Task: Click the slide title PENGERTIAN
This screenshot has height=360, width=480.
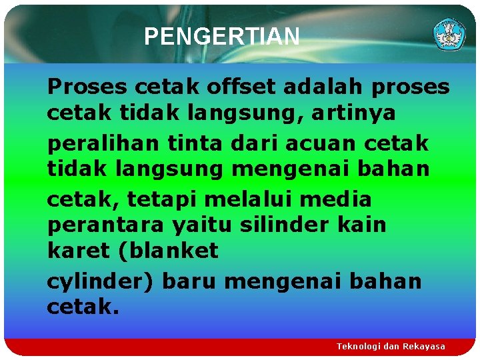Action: (221, 37)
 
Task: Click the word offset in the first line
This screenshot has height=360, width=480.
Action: (238, 87)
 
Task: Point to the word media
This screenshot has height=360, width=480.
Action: (339, 199)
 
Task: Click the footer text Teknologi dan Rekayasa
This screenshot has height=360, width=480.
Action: (391, 347)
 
